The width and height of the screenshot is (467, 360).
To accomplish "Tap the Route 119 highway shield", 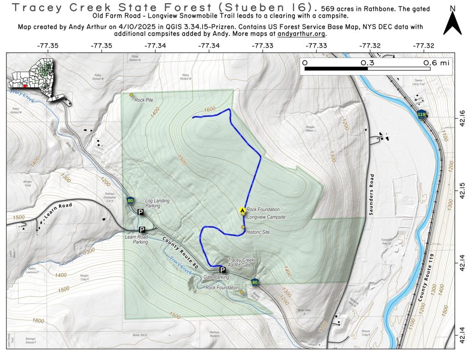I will (x=421, y=114).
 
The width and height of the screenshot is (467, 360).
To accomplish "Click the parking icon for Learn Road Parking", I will (x=142, y=230).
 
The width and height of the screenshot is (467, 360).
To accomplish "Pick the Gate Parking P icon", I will (x=223, y=269).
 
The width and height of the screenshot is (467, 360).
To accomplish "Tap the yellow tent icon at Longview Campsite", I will (x=242, y=210).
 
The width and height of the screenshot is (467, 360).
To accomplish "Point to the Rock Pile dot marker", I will (x=131, y=95).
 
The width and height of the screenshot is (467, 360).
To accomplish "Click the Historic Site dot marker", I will (x=243, y=227).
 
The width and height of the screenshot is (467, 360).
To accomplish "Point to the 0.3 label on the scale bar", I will (x=368, y=63).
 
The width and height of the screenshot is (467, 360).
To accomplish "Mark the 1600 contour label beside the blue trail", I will (x=209, y=109).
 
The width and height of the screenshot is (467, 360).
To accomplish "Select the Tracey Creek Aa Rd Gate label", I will (x=240, y=262).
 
